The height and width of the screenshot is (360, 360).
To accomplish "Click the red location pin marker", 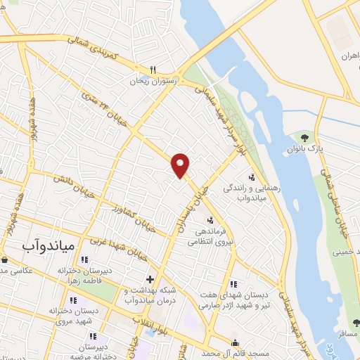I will click(181, 165).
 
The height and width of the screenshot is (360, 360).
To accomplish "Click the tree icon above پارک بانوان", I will click(304, 137).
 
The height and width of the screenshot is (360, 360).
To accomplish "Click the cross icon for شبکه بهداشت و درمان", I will click(150, 279).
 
